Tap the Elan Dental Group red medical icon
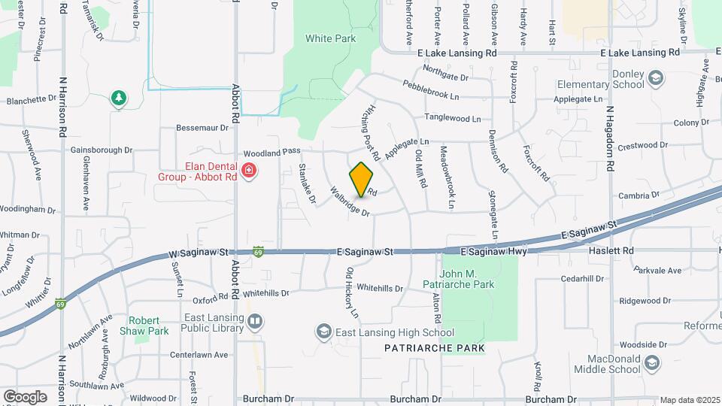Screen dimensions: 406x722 click(x=249, y=171)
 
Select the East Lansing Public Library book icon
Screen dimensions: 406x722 click(x=255, y=323)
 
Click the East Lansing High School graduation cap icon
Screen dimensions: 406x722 click(x=323, y=332)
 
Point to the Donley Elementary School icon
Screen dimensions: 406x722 click(x=655, y=78)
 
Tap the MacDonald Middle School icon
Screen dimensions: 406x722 click(x=652, y=363)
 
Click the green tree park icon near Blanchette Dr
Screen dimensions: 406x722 click(x=117, y=98)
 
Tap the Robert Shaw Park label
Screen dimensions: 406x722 click(x=148, y=325)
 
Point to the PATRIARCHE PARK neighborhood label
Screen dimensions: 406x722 click(x=434, y=348)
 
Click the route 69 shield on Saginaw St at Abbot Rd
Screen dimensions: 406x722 click(x=258, y=250)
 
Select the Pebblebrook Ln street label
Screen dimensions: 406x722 click(x=431, y=91)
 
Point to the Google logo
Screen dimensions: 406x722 click(x=25, y=396)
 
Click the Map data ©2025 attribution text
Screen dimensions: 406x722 click(x=688, y=400)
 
